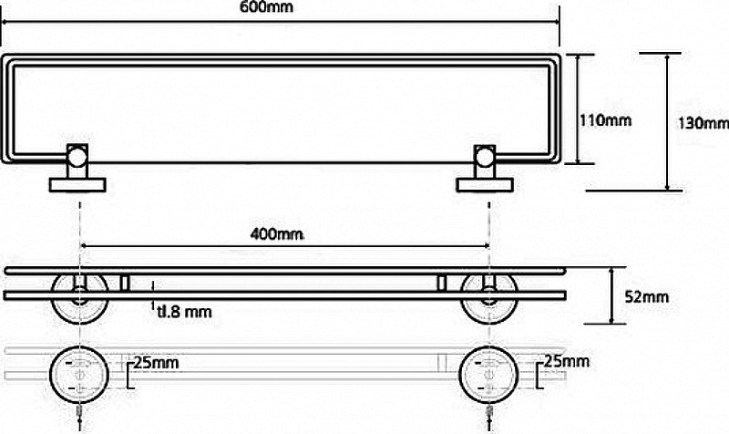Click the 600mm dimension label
point(278,7)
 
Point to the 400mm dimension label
point(276,233)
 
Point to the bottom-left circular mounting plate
point(80,374)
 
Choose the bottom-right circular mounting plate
point(488,374)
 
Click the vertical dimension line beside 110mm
point(575,108)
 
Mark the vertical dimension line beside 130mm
point(669,122)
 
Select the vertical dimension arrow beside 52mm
point(611,295)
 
